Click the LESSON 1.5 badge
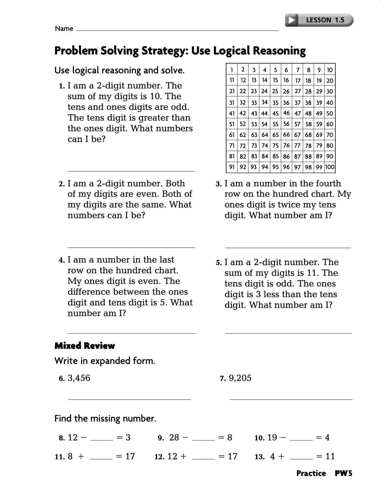tap(325, 20)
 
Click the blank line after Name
tap(177, 30)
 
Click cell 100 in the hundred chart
tap(330, 167)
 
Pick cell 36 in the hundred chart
tap(286, 103)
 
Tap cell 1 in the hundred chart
tap(232, 70)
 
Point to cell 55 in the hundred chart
tap(276, 124)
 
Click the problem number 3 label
tap(219, 184)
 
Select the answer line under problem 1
tap(131, 171)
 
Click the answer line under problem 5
tap(288, 333)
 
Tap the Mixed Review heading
tap(85, 346)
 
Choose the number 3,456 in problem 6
tap(79, 378)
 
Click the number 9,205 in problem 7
tap(240, 378)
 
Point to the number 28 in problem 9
tap(174, 438)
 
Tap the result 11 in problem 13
tap(330, 456)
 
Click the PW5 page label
tap(344, 473)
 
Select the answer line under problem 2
tap(131, 247)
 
